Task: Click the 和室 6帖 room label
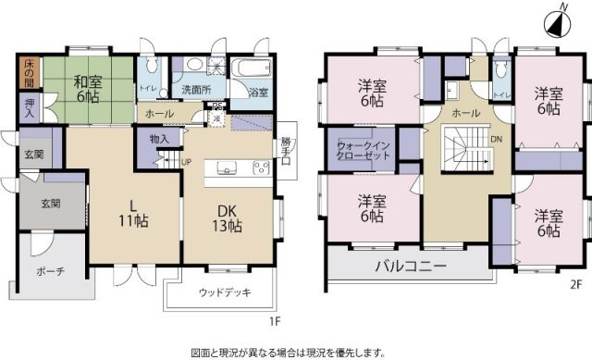tap(89, 88)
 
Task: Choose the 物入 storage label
tap(158, 139)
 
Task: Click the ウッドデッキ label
tap(222, 293)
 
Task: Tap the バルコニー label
tap(411, 267)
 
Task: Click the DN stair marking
tap(496, 141)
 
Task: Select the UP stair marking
tap(186, 161)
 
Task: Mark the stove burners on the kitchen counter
tap(259, 168)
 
